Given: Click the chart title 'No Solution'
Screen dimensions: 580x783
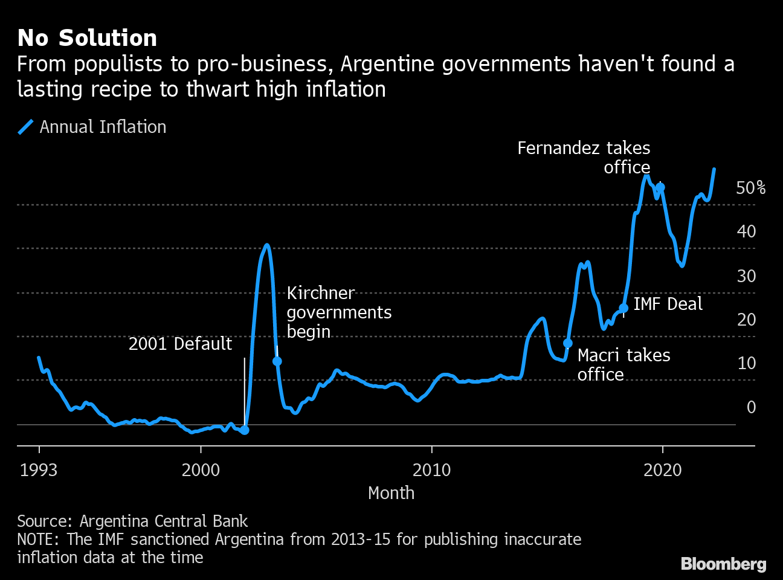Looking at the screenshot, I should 87,38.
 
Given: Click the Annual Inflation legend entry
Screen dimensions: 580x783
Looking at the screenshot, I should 92,127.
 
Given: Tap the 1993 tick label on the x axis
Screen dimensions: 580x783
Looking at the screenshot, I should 39,470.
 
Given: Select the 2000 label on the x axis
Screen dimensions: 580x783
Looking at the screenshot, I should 201,470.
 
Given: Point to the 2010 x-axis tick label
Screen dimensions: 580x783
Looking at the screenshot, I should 431,470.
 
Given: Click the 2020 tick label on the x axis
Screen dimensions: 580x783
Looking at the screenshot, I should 662,470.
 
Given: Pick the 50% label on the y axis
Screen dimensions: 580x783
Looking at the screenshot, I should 750,188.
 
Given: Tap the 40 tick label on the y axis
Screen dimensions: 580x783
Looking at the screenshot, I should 746,231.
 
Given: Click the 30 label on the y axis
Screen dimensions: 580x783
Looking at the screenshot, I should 746,276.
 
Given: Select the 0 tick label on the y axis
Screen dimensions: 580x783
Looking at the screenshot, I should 751,407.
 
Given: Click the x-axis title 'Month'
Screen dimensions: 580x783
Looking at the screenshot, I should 391,493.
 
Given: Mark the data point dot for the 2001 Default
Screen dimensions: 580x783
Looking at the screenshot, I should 245,430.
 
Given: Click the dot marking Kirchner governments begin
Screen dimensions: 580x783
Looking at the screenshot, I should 277,361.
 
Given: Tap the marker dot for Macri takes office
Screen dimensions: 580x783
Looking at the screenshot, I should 568,343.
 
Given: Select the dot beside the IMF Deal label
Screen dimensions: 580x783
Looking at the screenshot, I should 623,308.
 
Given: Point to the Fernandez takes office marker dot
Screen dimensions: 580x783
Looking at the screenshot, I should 660,187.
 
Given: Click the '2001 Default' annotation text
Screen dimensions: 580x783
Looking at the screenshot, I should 180,344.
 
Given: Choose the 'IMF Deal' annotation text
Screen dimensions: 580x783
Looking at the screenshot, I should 668,304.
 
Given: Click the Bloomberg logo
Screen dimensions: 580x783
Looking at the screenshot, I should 723,564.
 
